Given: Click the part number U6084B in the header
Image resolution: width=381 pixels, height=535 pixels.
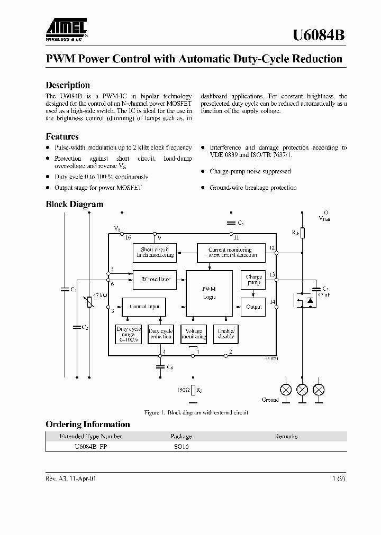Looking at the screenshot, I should (x=319, y=35).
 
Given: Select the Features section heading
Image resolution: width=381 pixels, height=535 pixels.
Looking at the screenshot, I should (x=62, y=136).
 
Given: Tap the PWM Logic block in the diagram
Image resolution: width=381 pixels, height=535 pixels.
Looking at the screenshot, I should (x=209, y=293).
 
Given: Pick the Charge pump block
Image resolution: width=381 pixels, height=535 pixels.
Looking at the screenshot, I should (x=253, y=280).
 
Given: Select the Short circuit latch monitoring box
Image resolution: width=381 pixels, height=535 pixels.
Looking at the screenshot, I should (x=154, y=252).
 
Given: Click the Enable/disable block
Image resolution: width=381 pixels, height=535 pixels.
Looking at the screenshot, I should (x=226, y=334).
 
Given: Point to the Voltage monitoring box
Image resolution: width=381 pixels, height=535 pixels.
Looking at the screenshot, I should (x=194, y=334).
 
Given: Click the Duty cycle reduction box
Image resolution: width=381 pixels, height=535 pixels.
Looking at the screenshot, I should (x=160, y=334).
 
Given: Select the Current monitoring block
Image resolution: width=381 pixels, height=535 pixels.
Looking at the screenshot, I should (x=230, y=252).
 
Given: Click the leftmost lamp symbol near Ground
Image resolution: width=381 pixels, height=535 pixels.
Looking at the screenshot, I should (x=285, y=390).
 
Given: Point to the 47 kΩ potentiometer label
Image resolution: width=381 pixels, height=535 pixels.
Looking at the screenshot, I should (x=100, y=295).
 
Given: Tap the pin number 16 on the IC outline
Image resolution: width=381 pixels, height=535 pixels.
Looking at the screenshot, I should (x=128, y=237).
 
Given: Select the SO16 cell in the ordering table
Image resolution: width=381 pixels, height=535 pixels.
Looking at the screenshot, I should (x=182, y=446).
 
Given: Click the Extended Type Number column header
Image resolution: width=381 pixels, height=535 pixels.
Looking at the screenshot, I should (x=91, y=436).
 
